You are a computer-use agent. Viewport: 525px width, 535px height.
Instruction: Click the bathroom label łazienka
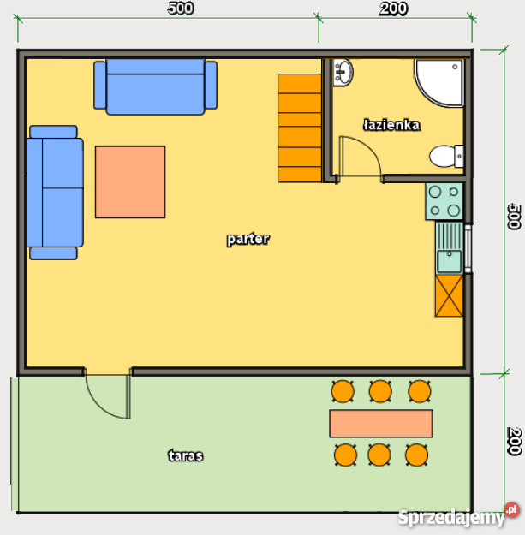391,125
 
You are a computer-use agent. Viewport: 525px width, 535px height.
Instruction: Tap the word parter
248,239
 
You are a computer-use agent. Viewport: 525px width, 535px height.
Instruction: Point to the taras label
186,455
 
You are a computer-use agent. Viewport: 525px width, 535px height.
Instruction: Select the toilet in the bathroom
446,157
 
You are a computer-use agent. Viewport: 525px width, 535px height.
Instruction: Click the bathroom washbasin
343,73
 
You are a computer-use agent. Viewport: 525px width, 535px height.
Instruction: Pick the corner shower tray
439,82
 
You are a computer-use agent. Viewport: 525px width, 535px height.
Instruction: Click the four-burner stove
444,201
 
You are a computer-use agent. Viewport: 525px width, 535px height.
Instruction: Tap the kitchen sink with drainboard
450,247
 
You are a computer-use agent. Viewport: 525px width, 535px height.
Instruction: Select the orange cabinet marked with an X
449,296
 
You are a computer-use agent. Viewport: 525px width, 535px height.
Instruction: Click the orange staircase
300,128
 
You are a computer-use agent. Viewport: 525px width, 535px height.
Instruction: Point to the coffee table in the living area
130,181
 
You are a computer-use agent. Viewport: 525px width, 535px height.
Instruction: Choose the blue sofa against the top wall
155,87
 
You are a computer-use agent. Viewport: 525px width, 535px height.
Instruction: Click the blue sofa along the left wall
55,193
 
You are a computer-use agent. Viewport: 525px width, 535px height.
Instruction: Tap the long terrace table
381,424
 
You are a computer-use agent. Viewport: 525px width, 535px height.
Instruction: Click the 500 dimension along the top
181,9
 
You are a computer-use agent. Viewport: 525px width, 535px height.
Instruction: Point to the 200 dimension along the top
394,9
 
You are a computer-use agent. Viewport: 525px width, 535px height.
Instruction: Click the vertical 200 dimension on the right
514,441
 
